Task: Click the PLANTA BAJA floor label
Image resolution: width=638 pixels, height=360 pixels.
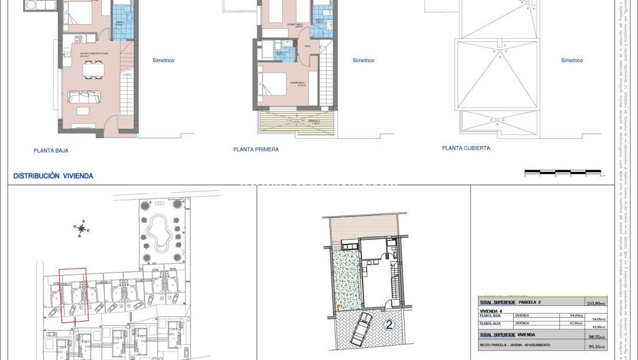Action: click(51, 151)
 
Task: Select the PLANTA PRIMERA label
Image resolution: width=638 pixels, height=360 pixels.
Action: click(256, 150)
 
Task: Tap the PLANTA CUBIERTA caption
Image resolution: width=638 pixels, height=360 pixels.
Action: click(466, 148)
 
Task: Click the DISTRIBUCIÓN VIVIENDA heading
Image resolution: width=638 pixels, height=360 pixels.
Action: click(53, 176)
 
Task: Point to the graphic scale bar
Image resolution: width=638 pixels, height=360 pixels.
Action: click(563, 172)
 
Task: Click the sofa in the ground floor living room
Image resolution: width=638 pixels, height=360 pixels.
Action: click(83, 96)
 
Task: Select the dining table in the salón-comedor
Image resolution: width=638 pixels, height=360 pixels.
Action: click(92, 70)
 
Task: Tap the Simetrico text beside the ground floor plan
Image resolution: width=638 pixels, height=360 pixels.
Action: click(163, 60)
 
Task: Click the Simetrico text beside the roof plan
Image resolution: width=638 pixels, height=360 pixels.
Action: click(571, 60)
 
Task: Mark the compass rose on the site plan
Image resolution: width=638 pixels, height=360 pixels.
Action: click(82, 229)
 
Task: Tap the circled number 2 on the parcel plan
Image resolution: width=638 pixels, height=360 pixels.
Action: click(389, 325)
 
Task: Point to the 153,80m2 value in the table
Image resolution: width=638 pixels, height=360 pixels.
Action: click(593, 302)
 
